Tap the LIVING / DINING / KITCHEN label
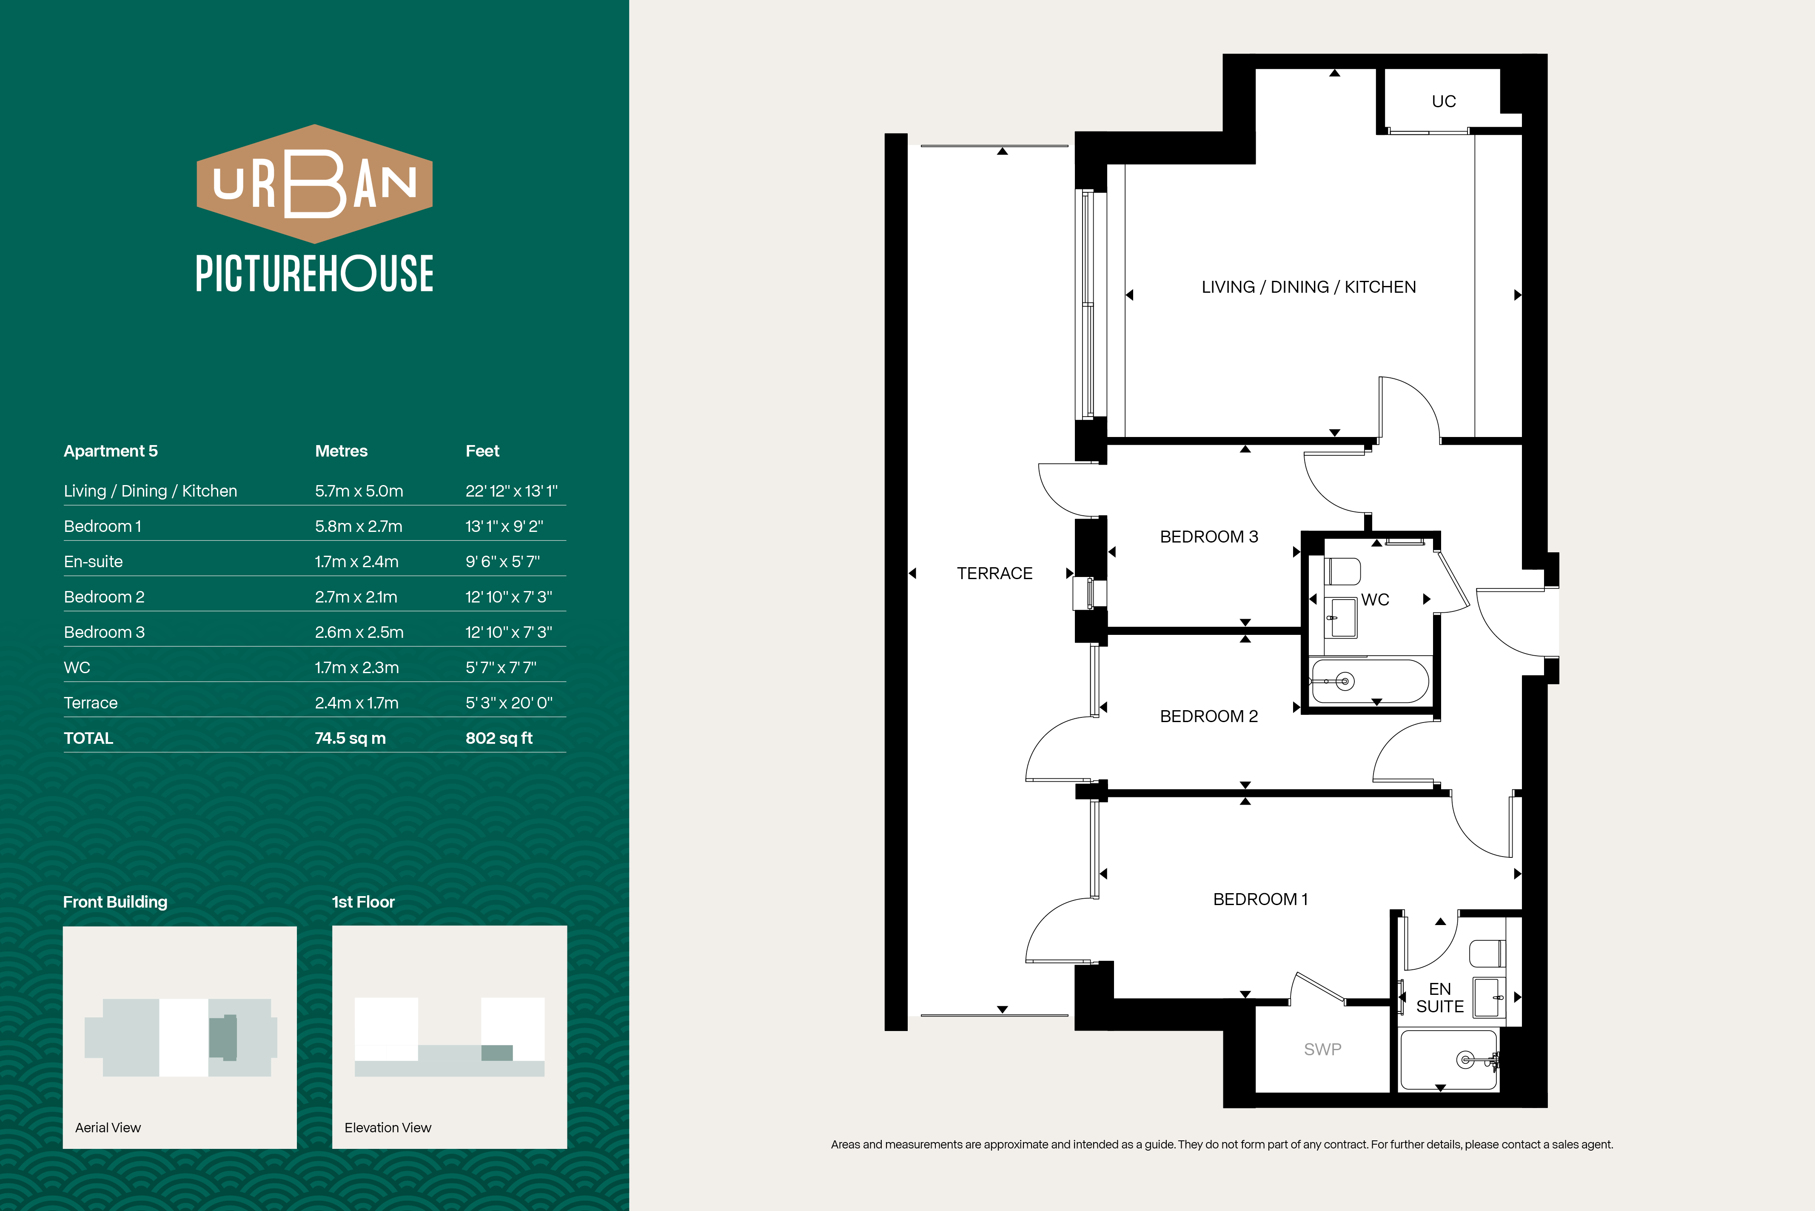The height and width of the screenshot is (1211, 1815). [1308, 287]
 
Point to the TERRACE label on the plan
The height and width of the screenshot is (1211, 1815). [994, 573]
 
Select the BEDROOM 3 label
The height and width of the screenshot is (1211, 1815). [1209, 537]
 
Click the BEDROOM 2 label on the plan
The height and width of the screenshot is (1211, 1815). [1209, 716]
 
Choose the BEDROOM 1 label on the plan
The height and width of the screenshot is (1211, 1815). [1260, 899]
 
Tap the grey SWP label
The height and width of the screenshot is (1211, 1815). [1322, 1049]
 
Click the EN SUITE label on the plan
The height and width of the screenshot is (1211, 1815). [1440, 998]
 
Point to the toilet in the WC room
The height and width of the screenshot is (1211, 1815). [1342, 571]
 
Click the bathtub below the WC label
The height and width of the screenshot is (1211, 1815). [1370, 681]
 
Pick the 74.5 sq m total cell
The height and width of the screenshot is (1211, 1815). [350, 738]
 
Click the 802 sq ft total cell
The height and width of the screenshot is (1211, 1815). [499, 738]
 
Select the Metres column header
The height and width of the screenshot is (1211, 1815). [341, 451]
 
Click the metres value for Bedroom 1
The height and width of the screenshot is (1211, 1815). [358, 527]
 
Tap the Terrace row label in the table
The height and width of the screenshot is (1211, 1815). [90, 703]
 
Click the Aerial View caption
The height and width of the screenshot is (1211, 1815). [108, 1128]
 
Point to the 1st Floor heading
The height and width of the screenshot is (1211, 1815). [363, 902]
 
